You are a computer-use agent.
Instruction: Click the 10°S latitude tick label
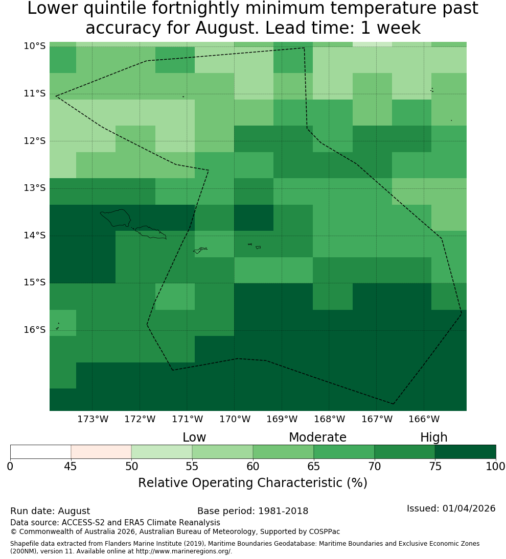35,46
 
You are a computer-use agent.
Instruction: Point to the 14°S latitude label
35,235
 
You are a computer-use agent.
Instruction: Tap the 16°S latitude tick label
35,330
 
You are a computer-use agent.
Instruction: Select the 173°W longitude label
93,419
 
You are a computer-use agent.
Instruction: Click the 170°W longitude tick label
235,419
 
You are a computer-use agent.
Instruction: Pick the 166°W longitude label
424,419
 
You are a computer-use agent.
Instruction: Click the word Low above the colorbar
194,438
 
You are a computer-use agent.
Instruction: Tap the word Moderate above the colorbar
317,438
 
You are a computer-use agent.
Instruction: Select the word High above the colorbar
433,438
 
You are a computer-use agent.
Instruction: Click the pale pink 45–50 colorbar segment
101,452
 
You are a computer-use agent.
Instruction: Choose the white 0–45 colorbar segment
41,452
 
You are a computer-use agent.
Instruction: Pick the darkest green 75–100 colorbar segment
465,452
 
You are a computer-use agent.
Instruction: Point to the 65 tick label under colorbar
314,466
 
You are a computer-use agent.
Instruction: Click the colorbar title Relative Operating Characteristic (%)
252,483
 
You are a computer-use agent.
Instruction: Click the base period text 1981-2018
283,511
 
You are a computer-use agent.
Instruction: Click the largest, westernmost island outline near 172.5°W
116,218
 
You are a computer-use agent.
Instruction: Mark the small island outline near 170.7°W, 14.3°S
200,250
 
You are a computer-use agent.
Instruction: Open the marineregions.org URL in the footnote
183,551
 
